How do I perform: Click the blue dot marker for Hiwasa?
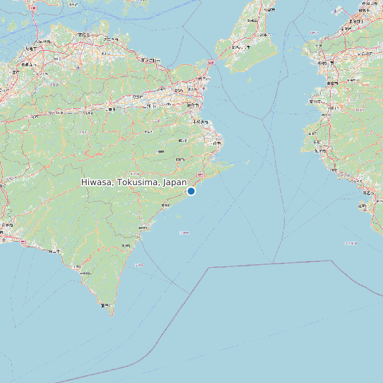click(x=191, y=191)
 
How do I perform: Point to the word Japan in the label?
click(x=175, y=182)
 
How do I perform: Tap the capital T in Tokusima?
click(x=121, y=182)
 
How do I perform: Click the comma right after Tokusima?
click(x=158, y=184)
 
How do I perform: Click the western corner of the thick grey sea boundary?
click(x=209, y=268)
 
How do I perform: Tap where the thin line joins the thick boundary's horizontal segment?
click(x=272, y=264)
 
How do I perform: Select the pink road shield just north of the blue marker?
click(x=201, y=173)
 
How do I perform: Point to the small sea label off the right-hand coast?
click(x=351, y=243)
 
